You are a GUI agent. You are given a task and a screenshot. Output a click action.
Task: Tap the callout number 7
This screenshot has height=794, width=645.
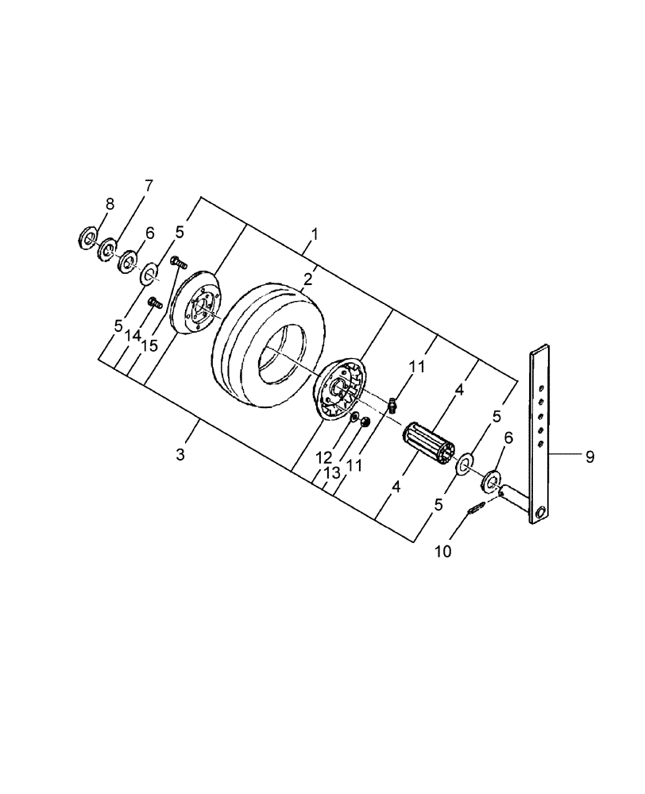point(148,187)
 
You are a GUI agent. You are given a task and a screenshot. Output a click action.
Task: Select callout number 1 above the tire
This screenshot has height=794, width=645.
point(315,235)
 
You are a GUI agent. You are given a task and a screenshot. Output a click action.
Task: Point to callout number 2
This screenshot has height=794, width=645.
point(307,279)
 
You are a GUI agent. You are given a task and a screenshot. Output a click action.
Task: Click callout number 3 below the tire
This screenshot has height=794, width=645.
point(181,454)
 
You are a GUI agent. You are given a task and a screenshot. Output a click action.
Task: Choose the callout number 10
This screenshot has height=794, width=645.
point(442,550)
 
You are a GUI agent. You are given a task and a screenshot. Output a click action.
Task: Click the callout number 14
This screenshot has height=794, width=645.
point(131,336)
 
